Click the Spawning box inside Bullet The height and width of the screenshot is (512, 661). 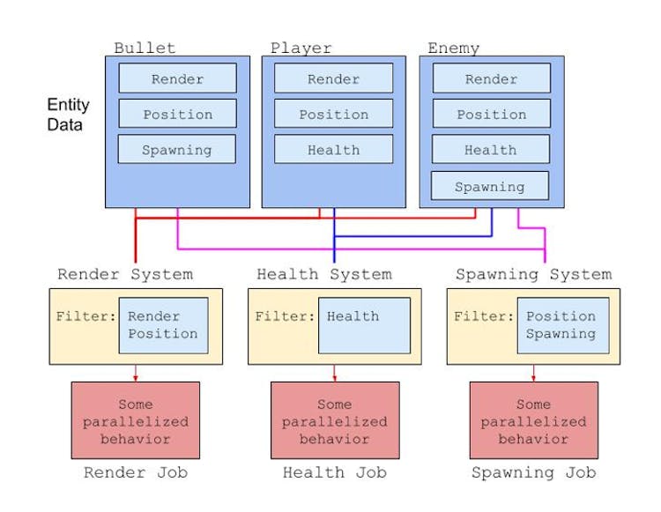177,150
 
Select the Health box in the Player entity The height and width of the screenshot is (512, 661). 333,150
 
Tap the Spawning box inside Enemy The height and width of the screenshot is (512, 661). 489,187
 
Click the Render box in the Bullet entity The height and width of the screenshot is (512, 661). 177,78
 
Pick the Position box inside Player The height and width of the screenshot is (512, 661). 333,114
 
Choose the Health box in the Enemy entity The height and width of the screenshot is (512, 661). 491,150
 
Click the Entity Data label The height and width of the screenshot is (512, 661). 69,115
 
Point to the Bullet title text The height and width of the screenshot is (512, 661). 145,48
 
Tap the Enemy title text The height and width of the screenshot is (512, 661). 454,48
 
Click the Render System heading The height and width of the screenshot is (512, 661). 125,274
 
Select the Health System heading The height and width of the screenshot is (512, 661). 324,274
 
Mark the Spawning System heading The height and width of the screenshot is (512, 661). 533,274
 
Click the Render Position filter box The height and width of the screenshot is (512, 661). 163,325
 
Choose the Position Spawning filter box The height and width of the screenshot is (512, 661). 561,325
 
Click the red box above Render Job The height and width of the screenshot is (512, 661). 136,420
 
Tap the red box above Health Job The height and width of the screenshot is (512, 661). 335,420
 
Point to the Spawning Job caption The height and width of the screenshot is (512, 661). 533,473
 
